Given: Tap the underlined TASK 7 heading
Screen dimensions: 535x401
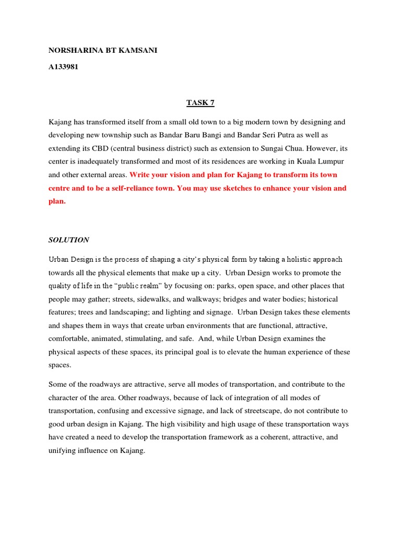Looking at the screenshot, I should point(200,103).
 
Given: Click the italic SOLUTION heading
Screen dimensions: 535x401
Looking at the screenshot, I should point(68,240).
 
